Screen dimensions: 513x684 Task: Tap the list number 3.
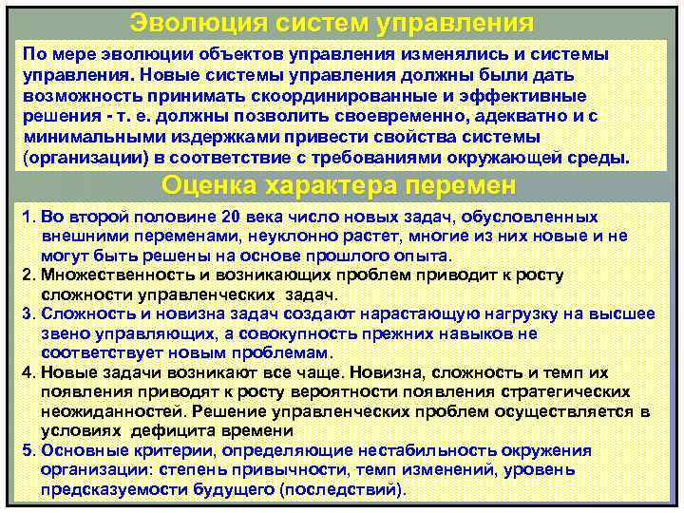tap(27, 314)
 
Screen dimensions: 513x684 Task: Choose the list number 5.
tap(27, 449)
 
